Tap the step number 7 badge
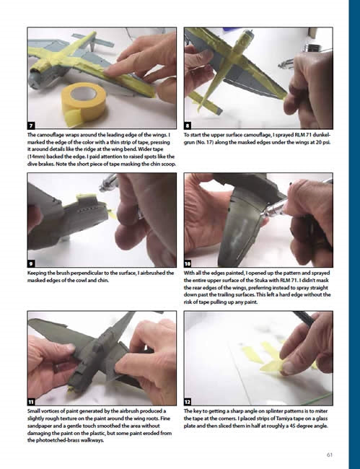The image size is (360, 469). tap(32, 125)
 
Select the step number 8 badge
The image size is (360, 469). tap(188, 125)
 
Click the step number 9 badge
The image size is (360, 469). tap(32, 263)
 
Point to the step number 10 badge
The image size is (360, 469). tap(188, 263)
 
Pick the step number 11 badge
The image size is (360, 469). tap(32, 402)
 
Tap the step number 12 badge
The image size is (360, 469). tap(188, 402)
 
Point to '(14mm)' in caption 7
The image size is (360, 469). tap(36, 157)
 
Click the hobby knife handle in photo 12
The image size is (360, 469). tap(303, 317)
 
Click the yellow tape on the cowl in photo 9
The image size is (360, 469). tap(87, 196)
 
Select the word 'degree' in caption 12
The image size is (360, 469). tap(301, 426)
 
